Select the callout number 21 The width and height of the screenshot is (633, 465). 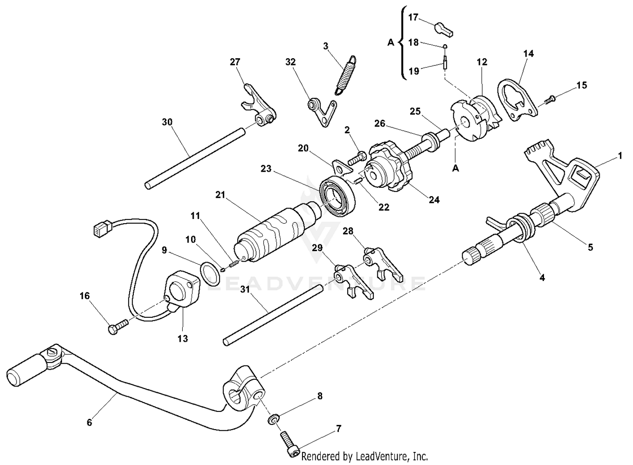pyautogui.click(x=221, y=195)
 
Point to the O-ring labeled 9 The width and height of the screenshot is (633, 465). pyautogui.click(x=209, y=273)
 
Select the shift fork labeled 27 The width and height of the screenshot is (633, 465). pyautogui.click(x=258, y=105)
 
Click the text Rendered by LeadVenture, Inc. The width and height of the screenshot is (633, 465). pyautogui.click(x=365, y=456)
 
